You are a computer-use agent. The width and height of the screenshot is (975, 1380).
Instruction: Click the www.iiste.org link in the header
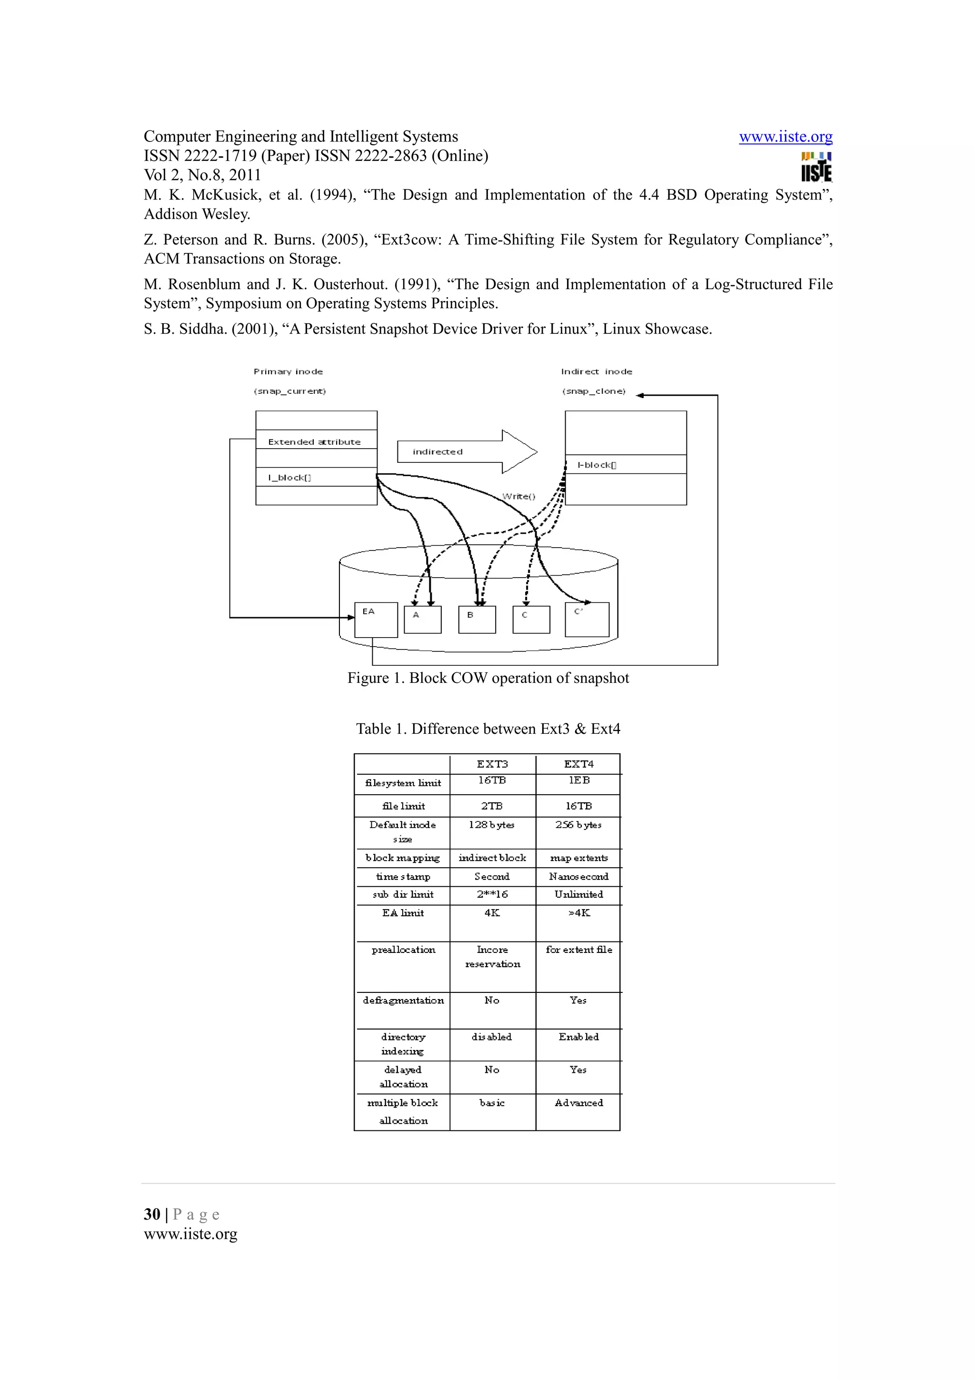[785, 137]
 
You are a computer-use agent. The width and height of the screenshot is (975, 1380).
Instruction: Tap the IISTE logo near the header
[816, 167]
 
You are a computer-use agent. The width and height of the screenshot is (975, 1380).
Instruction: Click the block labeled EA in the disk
[376, 620]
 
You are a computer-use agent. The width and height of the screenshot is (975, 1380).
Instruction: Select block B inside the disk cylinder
[477, 620]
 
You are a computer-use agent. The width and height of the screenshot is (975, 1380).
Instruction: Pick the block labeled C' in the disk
[587, 620]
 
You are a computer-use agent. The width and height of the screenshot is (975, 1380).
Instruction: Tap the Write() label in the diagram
[518, 496]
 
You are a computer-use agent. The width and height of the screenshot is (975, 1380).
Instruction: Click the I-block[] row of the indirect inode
[626, 465]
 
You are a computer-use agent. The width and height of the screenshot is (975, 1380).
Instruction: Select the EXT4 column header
[578, 764]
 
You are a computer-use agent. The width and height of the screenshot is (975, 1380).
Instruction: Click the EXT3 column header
[492, 764]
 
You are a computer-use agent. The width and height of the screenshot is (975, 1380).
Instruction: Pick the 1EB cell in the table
[579, 780]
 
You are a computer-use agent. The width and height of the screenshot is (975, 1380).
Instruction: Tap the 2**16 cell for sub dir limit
[492, 894]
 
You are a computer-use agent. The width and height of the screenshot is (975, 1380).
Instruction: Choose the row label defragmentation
[403, 1000]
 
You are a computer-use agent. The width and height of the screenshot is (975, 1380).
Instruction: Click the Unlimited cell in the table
[578, 894]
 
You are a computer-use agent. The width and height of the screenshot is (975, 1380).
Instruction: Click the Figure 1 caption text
[488, 678]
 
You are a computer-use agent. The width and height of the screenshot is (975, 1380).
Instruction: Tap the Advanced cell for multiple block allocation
[578, 1103]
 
